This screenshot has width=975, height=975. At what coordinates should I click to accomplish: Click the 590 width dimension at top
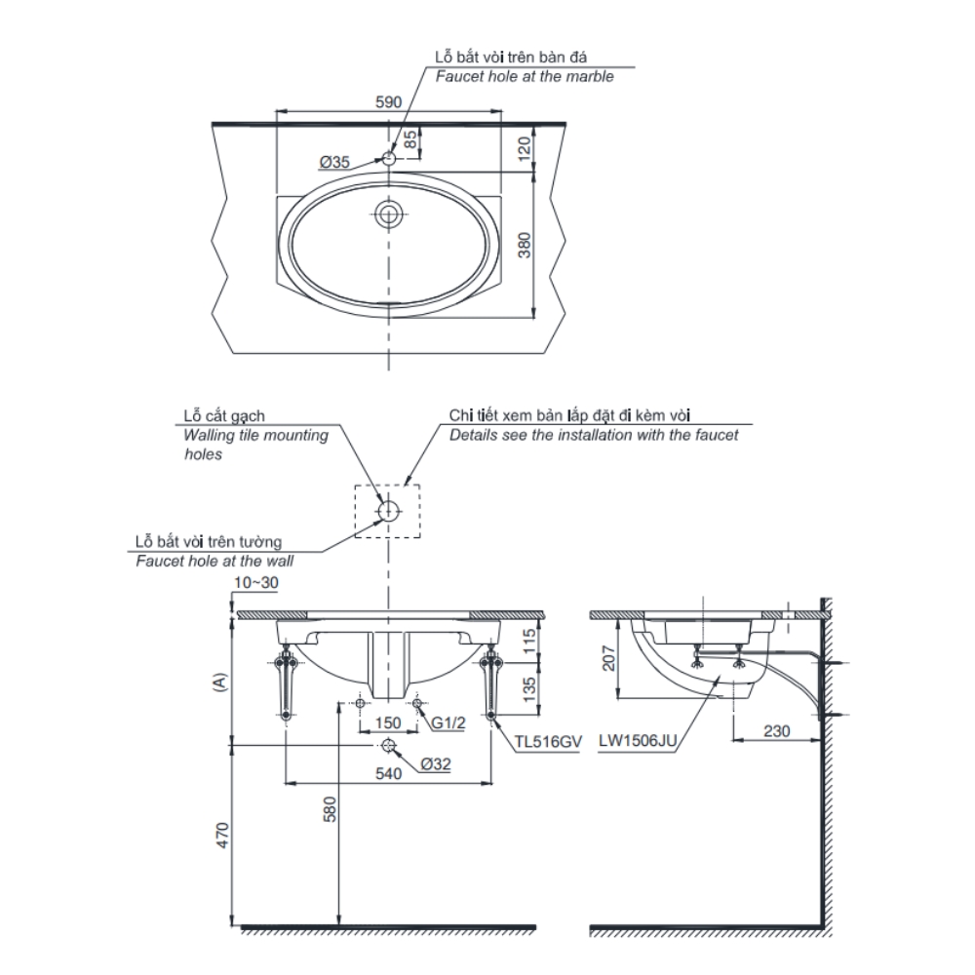[x=389, y=101]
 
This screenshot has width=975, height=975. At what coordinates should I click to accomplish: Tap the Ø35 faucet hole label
[x=333, y=163]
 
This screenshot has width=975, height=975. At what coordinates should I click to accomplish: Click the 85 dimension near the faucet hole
[x=411, y=140]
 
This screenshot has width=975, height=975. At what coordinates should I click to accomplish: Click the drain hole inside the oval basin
[x=389, y=214]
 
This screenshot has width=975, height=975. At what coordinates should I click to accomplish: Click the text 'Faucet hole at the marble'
[x=524, y=76]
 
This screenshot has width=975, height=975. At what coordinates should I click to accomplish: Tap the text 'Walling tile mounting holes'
[x=255, y=444]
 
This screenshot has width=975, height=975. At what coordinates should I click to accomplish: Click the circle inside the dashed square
[x=388, y=509]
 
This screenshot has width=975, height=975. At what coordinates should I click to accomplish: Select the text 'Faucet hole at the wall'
[x=214, y=561]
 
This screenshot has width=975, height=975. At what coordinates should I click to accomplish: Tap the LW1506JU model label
[x=639, y=741]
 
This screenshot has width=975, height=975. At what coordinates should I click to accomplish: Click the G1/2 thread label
[x=448, y=722]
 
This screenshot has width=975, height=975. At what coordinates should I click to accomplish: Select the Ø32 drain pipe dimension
[x=436, y=765]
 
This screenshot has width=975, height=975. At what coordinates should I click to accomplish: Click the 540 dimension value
[x=388, y=773]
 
